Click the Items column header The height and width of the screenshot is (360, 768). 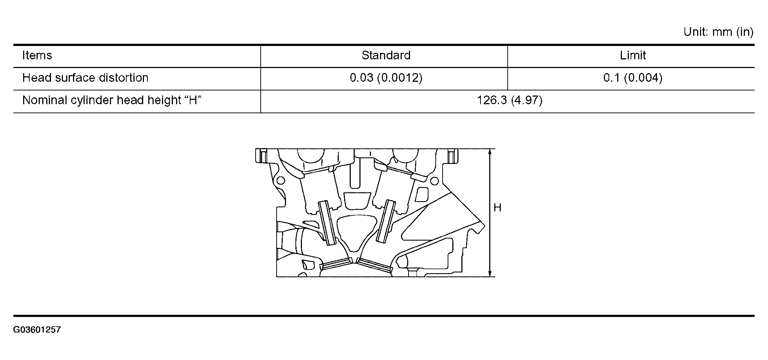37,55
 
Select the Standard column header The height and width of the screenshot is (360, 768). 386,55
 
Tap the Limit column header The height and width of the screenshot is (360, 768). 633,55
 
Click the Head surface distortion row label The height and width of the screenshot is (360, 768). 85,78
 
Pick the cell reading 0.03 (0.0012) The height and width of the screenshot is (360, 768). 386,78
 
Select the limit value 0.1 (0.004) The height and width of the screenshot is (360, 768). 633,78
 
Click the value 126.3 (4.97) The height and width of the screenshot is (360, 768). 509,100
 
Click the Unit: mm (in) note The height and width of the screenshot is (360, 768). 718,32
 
